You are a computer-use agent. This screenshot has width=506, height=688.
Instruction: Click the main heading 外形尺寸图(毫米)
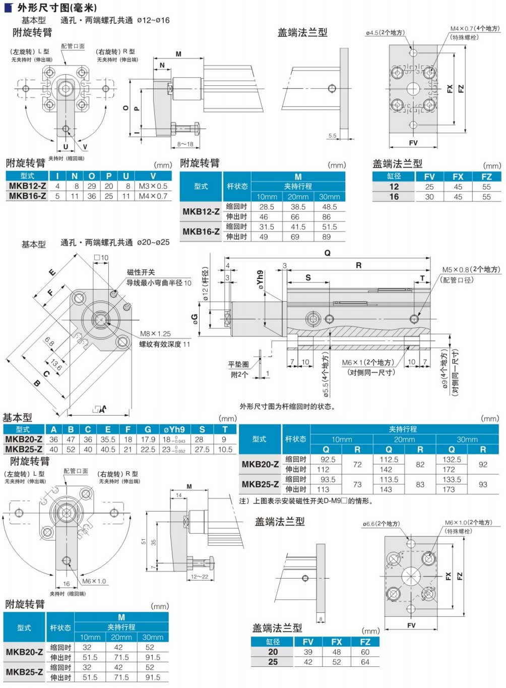(x=57, y=8)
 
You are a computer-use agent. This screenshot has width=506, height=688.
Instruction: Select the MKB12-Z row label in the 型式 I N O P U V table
(x=27, y=186)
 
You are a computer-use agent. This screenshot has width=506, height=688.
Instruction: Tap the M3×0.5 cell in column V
(x=153, y=186)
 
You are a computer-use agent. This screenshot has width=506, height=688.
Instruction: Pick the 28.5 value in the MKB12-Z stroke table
(x=267, y=207)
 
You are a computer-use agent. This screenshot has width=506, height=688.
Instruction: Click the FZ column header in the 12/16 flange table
(x=486, y=177)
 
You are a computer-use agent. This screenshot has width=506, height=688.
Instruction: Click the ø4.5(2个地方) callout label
(x=385, y=33)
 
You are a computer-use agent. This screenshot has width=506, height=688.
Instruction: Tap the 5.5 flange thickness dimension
(x=332, y=136)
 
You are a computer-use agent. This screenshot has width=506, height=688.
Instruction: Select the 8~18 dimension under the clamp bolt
(x=185, y=144)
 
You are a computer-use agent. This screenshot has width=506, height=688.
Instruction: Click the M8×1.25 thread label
(x=155, y=334)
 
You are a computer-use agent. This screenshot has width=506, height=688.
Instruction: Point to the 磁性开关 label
(x=141, y=272)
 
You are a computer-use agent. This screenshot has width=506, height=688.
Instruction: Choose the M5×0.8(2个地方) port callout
(x=471, y=270)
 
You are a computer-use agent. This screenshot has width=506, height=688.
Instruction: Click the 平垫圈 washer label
(x=238, y=364)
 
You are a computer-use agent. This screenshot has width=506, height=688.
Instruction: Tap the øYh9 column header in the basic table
(x=174, y=430)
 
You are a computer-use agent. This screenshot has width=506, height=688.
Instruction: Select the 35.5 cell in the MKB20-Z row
(x=108, y=439)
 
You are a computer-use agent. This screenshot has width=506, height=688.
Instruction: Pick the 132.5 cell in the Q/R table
(x=452, y=460)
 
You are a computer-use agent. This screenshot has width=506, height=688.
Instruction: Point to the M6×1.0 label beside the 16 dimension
(x=94, y=582)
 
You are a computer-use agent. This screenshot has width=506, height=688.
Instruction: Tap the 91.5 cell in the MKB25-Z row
(x=153, y=677)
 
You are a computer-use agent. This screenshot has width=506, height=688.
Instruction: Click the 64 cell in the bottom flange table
(x=365, y=662)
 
